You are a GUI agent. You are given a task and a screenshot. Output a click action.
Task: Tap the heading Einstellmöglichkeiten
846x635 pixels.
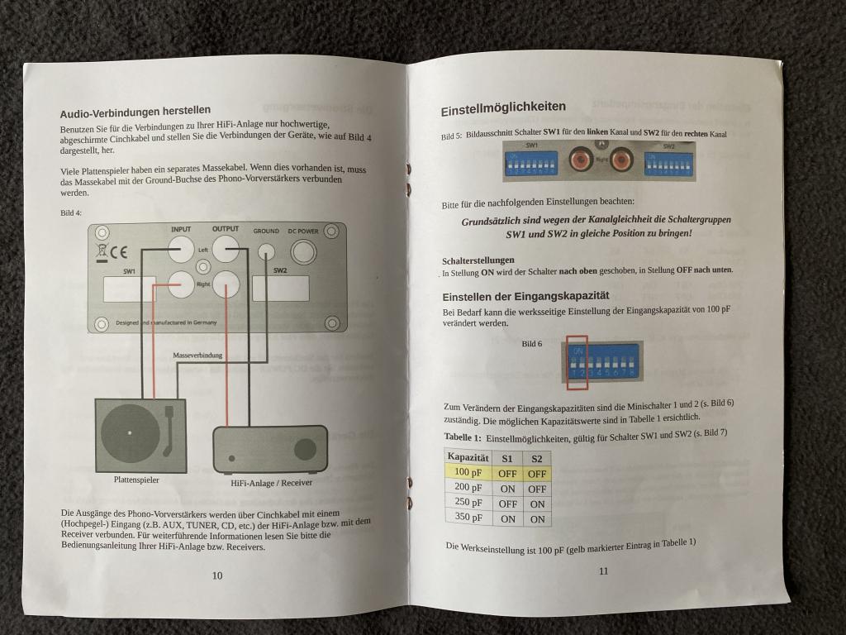point(503,107)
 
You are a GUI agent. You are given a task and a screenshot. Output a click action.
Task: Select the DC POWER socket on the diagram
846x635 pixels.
point(303,251)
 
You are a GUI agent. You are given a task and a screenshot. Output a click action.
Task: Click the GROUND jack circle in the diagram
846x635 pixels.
point(267,251)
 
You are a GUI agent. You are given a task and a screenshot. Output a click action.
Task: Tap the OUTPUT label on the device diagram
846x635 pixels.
point(225,229)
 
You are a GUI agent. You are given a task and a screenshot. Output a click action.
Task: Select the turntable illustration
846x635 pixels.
point(140,435)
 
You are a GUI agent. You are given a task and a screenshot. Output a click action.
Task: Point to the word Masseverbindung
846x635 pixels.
point(197,355)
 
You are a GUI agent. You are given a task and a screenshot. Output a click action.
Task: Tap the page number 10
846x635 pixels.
point(216,575)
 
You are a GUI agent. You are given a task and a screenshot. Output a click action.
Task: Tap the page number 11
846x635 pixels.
point(603,570)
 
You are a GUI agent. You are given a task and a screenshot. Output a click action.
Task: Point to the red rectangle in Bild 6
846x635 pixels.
point(576,361)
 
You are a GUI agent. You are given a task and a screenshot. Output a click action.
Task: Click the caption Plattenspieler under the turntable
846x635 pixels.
point(136,479)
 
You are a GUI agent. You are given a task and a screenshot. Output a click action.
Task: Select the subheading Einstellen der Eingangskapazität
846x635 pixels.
point(525,297)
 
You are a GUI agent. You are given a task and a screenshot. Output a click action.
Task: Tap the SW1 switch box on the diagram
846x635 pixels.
point(129,289)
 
